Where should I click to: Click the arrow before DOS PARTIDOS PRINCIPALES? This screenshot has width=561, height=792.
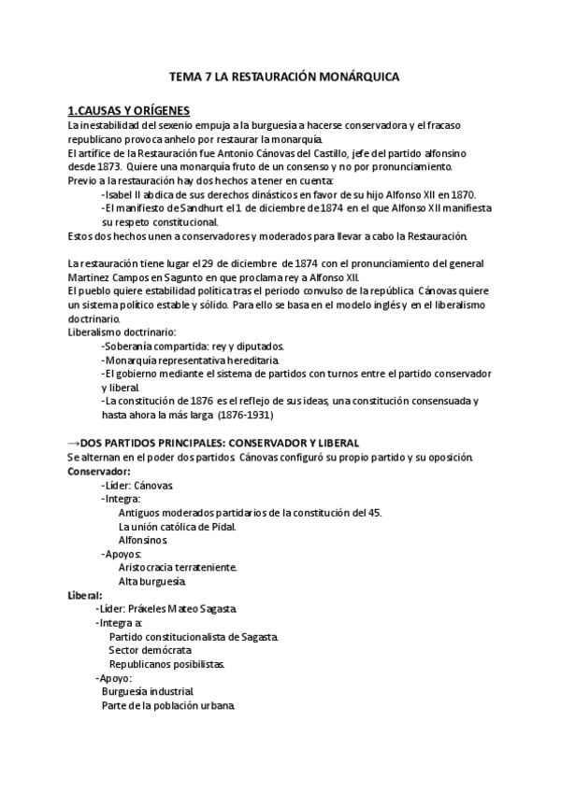(x=75, y=442)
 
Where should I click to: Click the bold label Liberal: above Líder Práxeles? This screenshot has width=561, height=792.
(x=85, y=595)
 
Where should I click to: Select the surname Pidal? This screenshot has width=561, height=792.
(x=220, y=526)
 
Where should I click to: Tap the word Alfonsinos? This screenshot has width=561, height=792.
(x=143, y=540)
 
